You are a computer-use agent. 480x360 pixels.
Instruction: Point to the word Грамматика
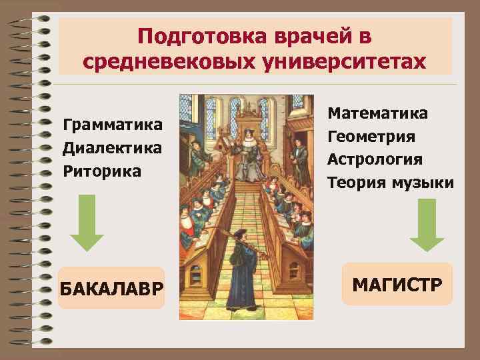[x=112, y=125]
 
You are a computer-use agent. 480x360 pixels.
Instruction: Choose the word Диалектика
[x=112, y=147]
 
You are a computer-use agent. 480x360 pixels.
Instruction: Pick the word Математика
[x=378, y=113]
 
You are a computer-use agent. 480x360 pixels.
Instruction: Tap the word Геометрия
[x=371, y=137]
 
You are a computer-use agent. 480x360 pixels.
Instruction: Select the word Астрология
[x=375, y=159]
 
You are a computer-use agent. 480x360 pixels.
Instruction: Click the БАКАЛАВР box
[x=111, y=289]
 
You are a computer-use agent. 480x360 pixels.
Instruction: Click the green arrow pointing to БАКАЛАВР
[x=87, y=223]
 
